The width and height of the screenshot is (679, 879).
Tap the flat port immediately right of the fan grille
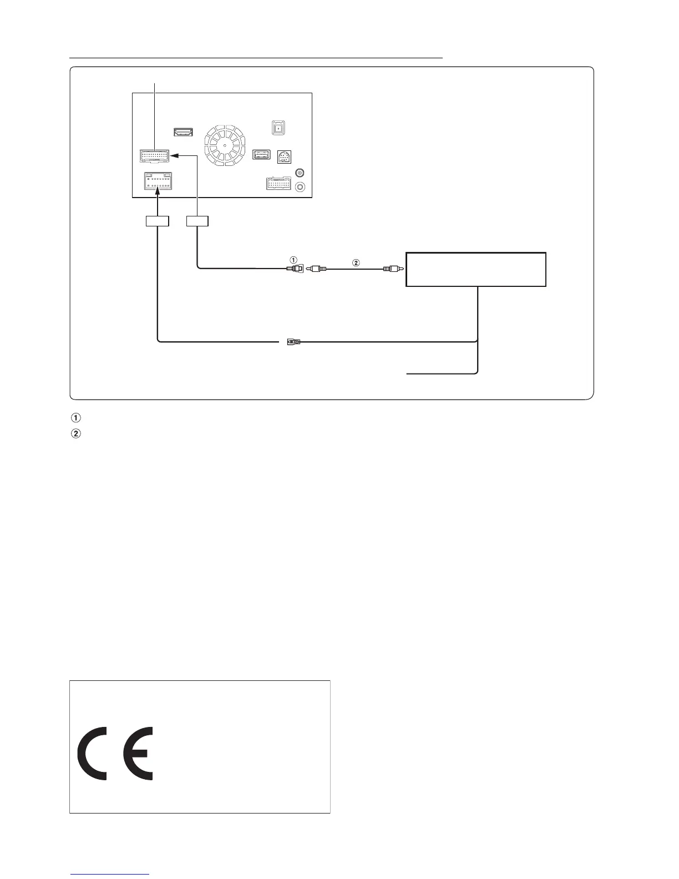pyautogui.click(x=261, y=155)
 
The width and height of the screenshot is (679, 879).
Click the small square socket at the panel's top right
pyautogui.click(x=278, y=128)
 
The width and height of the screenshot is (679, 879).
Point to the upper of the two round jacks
pyautogui.click(x=300, y=173)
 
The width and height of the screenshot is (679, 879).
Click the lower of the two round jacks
pyautogui.click(x=300, y=188)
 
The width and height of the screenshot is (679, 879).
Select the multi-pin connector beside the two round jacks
pyautogui.click(x=278, y=183)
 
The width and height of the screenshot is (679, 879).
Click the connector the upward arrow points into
pyautogui.click(x=158, y=181)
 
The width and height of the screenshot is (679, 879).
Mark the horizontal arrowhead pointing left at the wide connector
pyautogui.click(x=174, y=156)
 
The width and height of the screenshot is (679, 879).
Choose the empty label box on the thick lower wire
pyautogui.click(x=157, y=221)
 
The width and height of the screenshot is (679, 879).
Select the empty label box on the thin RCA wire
pyautogui.click(x=197, y=221)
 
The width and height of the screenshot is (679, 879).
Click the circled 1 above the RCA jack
pyautogui.click(x=294, y=259)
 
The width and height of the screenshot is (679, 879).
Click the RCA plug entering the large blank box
pyautogui.click(x=392, y=269)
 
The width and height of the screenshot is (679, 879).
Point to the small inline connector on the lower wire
pyautogui.click(x=292, y=342)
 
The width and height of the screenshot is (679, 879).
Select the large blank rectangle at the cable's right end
pyautogui.click(x=476, y=269)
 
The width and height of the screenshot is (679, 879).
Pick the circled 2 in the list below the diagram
pyautogui.click(x=76, y=433)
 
